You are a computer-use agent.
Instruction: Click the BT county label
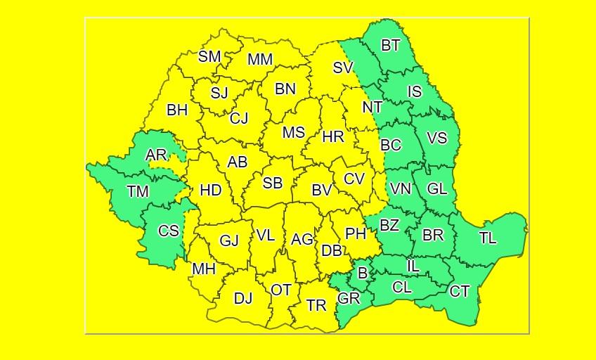(x=391, y=46)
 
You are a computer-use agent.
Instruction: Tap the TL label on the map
(x=488, y=238)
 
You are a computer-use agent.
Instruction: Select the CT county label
(x=460, y=291)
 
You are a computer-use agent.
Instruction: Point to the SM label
(x=209, y=57)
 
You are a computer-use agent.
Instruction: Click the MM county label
(x=260, y=60)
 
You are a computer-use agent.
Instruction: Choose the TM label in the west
(x=138, y=191)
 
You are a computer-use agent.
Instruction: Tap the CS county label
(x=169, y=231)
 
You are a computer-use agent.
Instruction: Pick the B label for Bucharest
(x=363, y=274)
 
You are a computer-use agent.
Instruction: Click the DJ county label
(x=243, y=298)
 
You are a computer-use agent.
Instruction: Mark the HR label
(x=333, y=136)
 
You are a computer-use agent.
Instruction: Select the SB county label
(x=273, y=183)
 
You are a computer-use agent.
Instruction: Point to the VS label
(x=437, y=138)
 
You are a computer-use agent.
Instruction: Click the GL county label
(x=437, y=188)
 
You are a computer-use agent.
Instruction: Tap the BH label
(x=177, y=110)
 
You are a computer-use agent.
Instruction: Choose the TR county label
(x=317, y=305)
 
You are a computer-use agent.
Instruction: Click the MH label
(x=204, y=269)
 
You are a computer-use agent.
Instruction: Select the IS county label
(x=415, y=91)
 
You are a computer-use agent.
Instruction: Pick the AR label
(x=156, y=155)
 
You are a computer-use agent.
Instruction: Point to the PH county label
(x=356, y=234)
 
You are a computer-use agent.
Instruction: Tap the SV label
(x=343, y=68)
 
